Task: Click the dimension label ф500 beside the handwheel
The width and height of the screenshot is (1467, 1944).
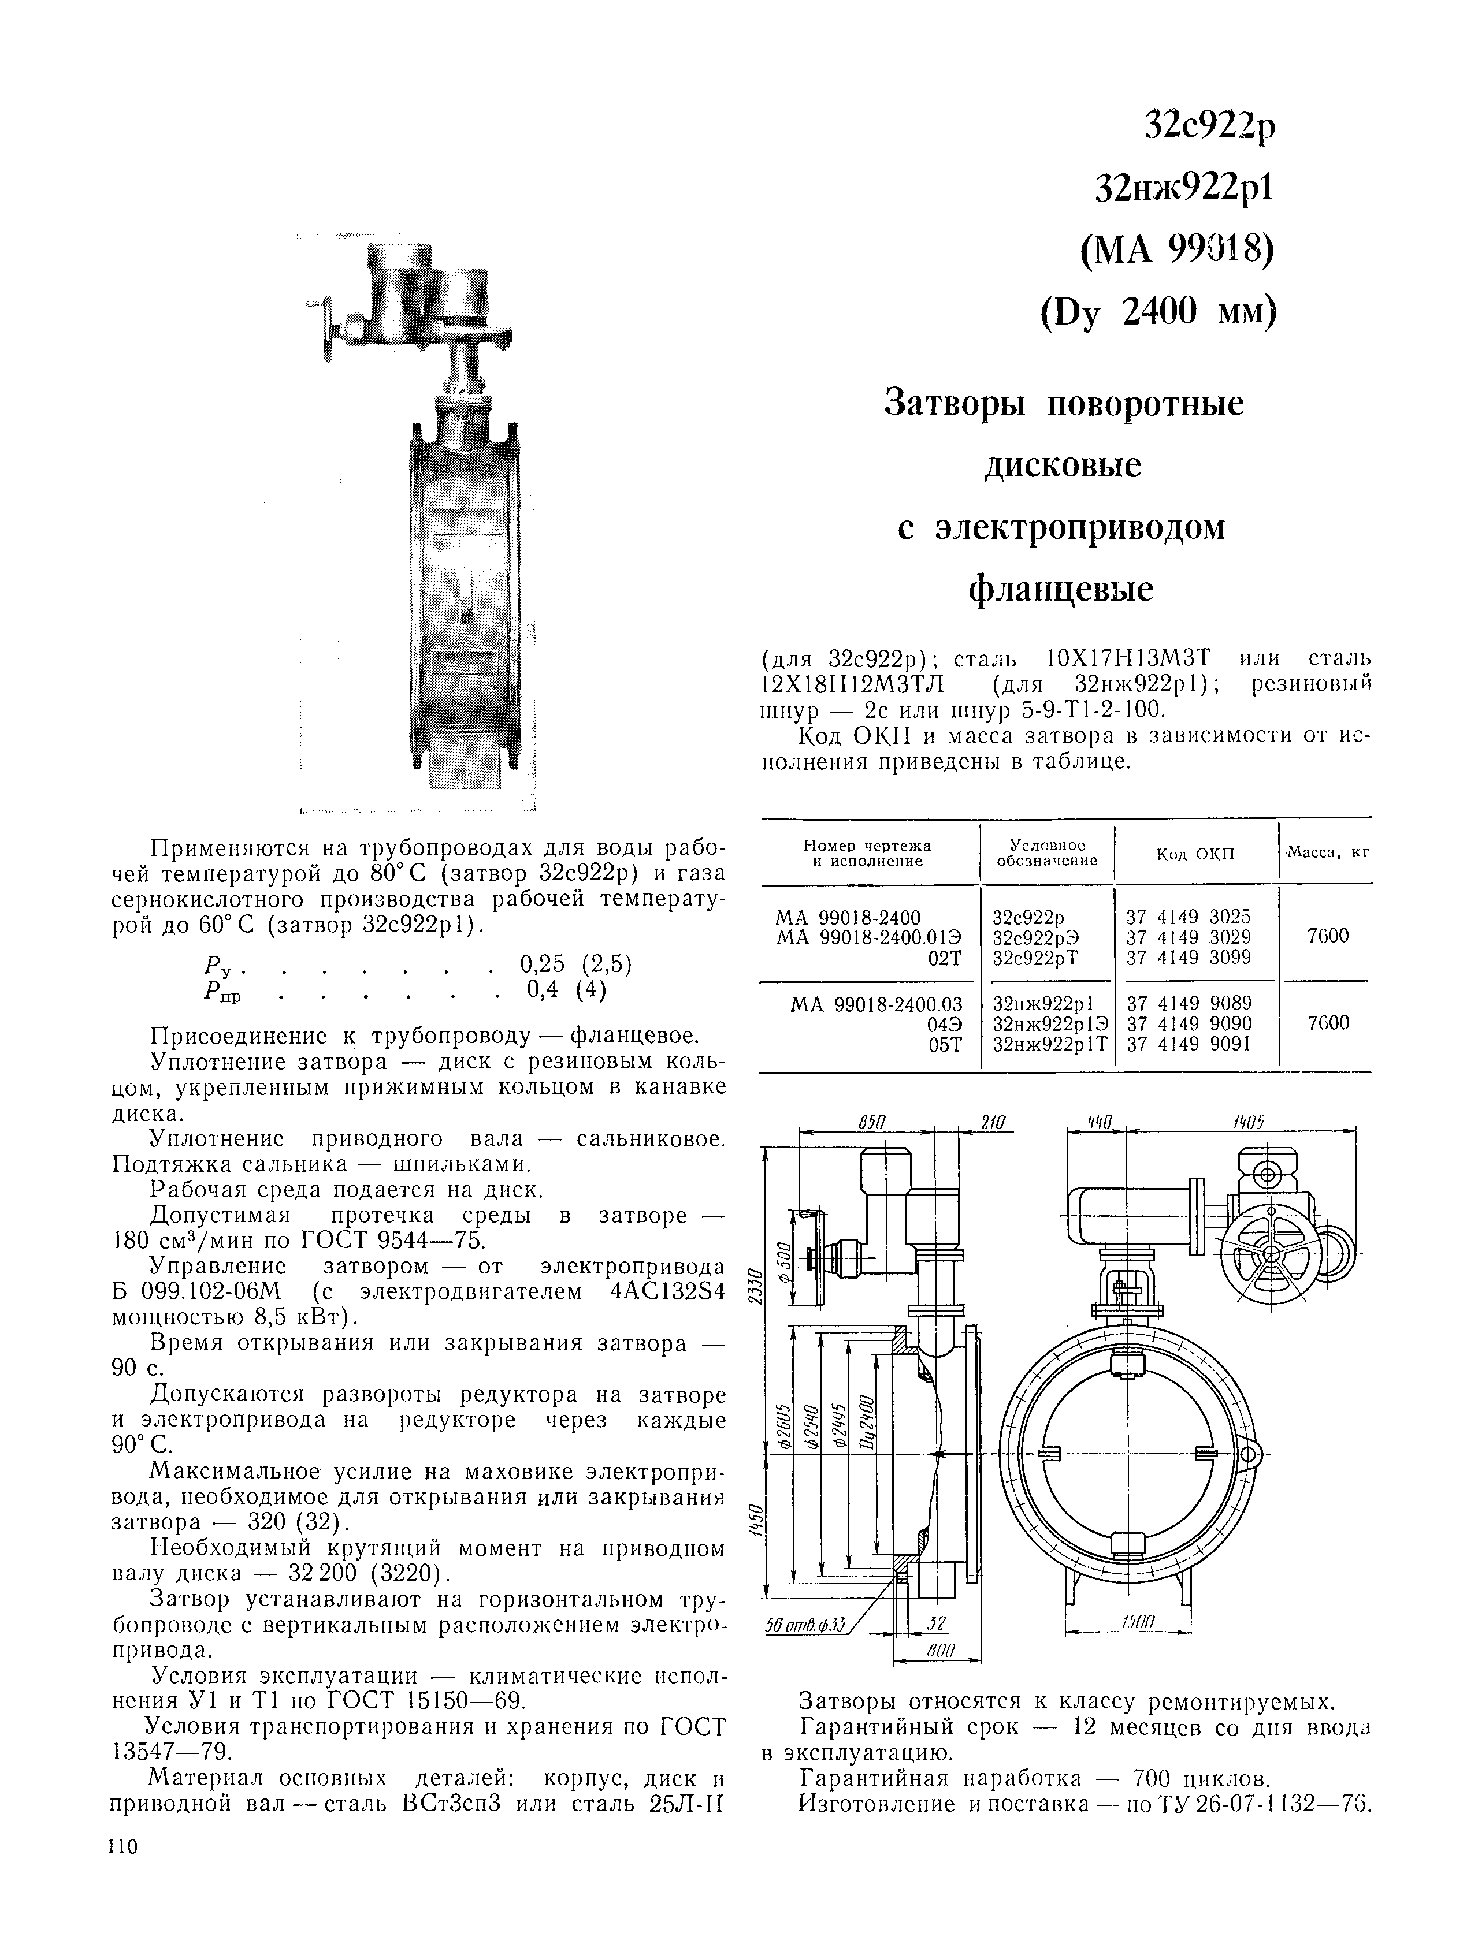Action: (786, 1261)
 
